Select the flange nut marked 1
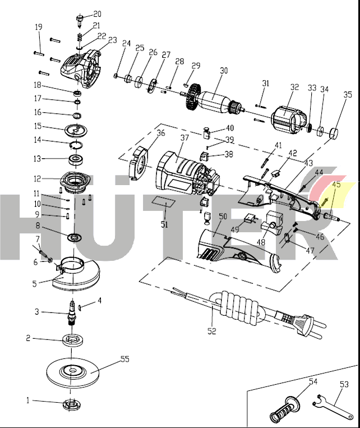pyautogui.click(x=71, y=402)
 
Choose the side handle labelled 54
pyautogui.click(x=287, y=409)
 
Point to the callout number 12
pyautogui.click(x=37, y=179)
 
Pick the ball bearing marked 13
pyautogui.click(x=73, y=160)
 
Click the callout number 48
pyautogui.click(x=261, y=242)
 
